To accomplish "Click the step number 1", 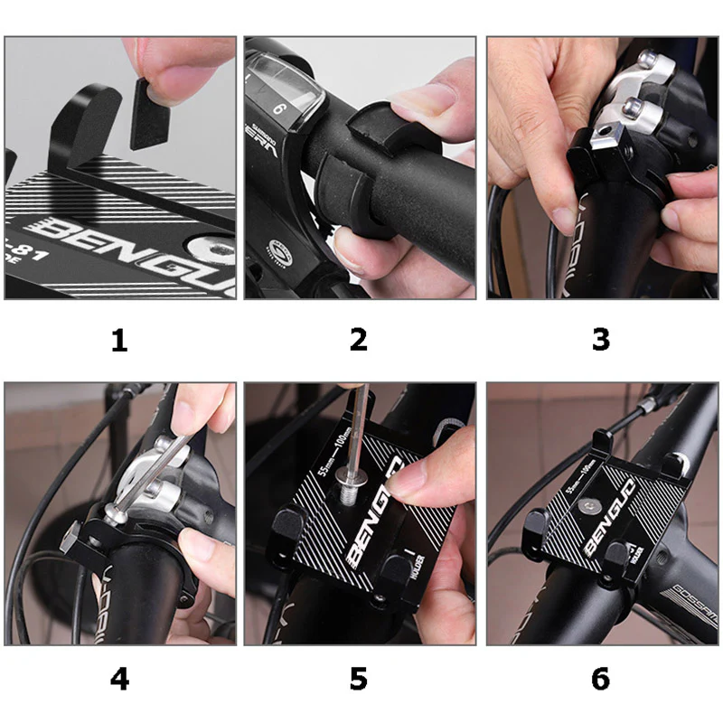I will click(x=119, y=340).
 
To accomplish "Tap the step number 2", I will click(x=359, y=340).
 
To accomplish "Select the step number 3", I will click(x=601, y=340).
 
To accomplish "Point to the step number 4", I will click(x=119, y=678).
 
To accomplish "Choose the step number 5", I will click(x=359, y=678).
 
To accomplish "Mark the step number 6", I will click(x=601, y=678).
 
